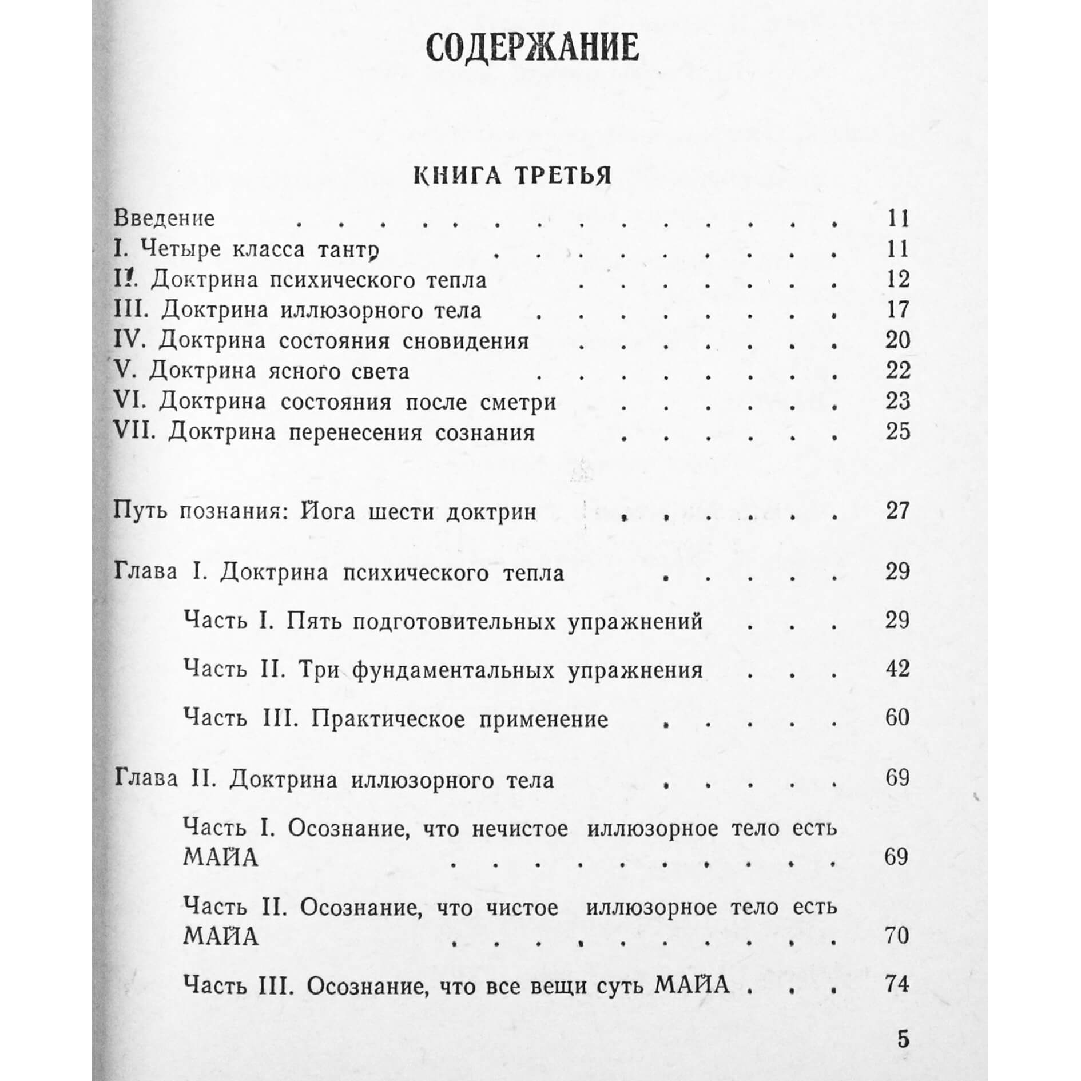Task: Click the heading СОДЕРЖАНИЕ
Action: pyautogui.click(x=532, y=48)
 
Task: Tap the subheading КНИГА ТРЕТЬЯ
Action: pyautogui.click(x=512, y=176)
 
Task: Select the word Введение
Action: pyautogui.click(x=164, y=218)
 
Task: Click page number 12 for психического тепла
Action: pyautogui.click(x=897, y=279)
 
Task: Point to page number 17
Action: pyautogui.click(x=897, y=309)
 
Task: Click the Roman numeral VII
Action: pyautogui.click(x=134, y=432)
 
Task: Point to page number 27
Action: pyautogui.click(x=897, y=510)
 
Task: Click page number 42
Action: pyautogui.click(x=897, y=669)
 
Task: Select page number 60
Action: pyautogui.click(x=897, y=717)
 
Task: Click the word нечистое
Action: pyautogui.click(x=520, y=829)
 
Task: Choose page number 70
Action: pyautogui.click(x=897, y=936)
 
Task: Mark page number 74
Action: pyautogui.click(x=897, y=984)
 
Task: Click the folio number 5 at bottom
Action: pyautogui.click(x=903, y=1039)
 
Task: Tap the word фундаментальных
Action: pyautogui.click(x=453, y=670)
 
